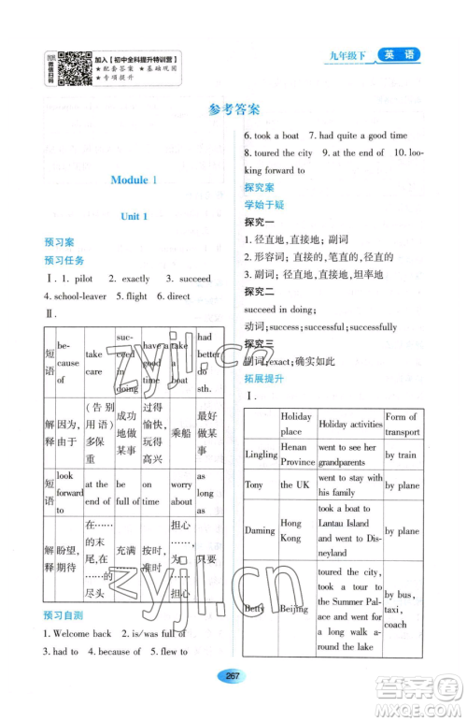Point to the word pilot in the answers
(79, 279)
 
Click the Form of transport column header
(401, 424)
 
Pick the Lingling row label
(262, 454)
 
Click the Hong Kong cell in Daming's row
(297, 531)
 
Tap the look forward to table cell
(69, 492)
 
